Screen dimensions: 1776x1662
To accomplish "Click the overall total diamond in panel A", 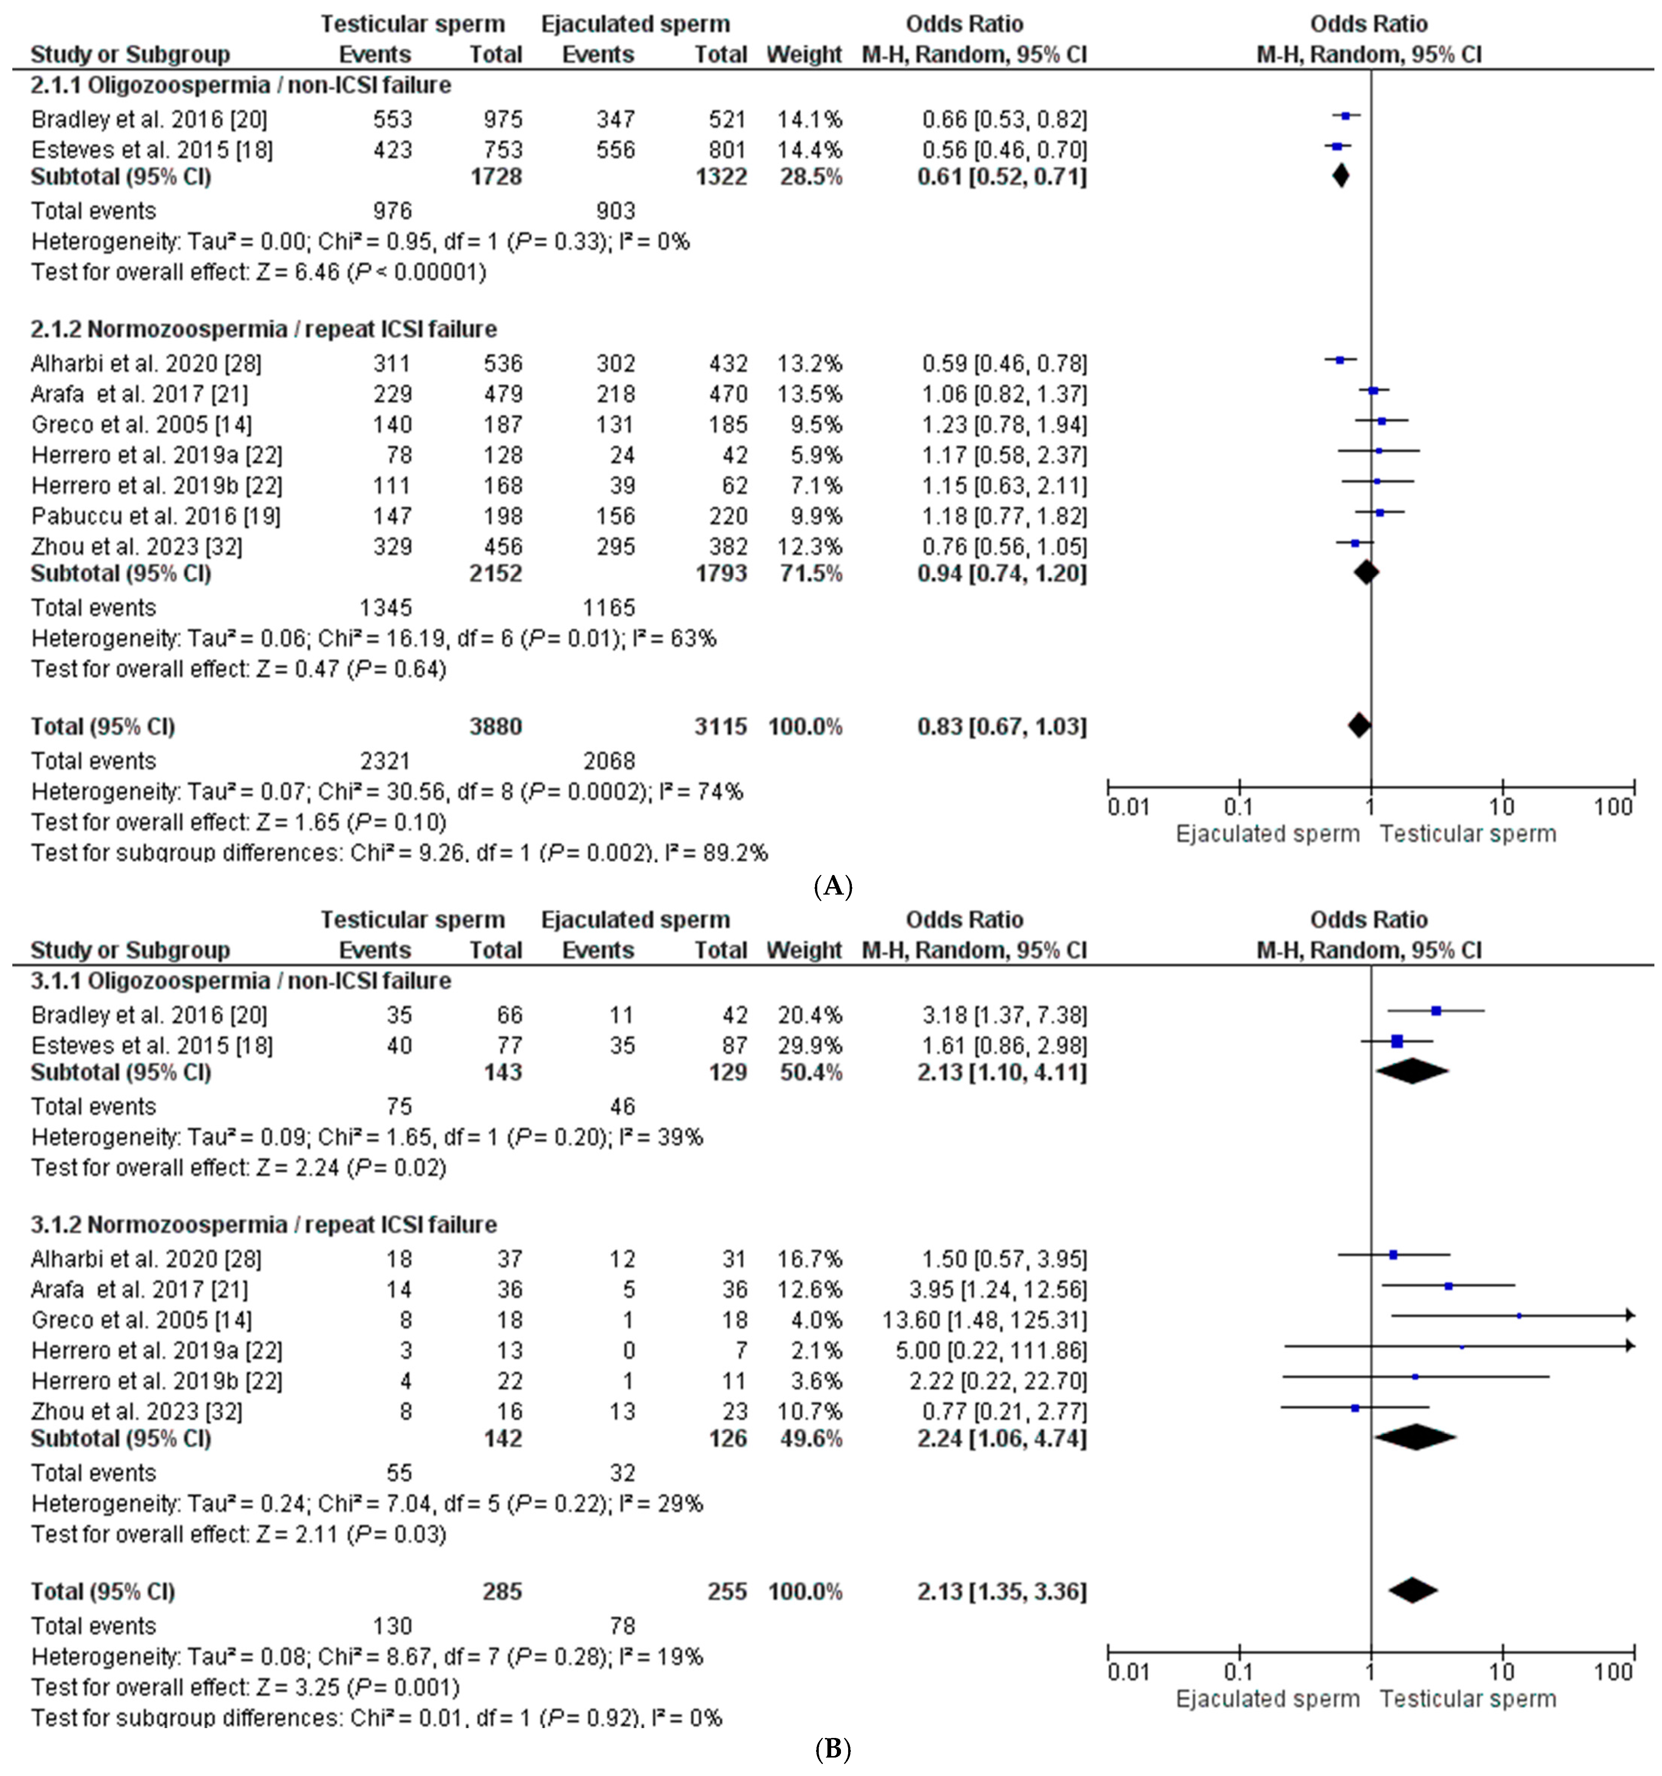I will click(1358, 725).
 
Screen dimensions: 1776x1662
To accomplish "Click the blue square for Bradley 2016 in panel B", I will click(1436, 1010).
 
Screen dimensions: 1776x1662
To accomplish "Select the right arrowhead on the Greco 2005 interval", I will click(1630, 1315).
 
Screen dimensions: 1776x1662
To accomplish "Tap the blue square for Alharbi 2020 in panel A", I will click(1340, 360).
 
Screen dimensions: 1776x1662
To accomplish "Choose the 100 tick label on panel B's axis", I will click(1613, 1672).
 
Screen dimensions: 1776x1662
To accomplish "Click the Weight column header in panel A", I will click(804, 55).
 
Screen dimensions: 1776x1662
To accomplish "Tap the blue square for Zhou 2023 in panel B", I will click(1355, 1407).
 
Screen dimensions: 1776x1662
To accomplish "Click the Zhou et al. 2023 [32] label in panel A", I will click(137, 547).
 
